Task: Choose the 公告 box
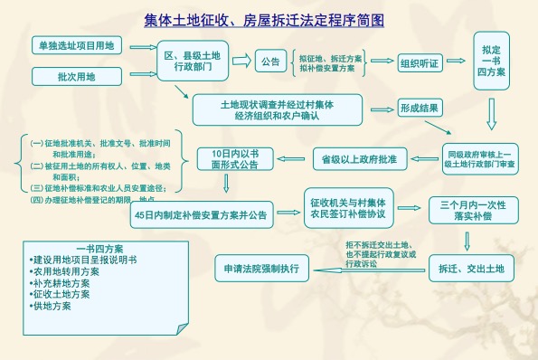269,62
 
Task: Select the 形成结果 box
420,108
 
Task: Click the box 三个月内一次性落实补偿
466,211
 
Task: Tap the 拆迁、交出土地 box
465,269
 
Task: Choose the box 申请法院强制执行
260,269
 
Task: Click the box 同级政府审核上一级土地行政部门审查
479,159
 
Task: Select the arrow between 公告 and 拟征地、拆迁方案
293,62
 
